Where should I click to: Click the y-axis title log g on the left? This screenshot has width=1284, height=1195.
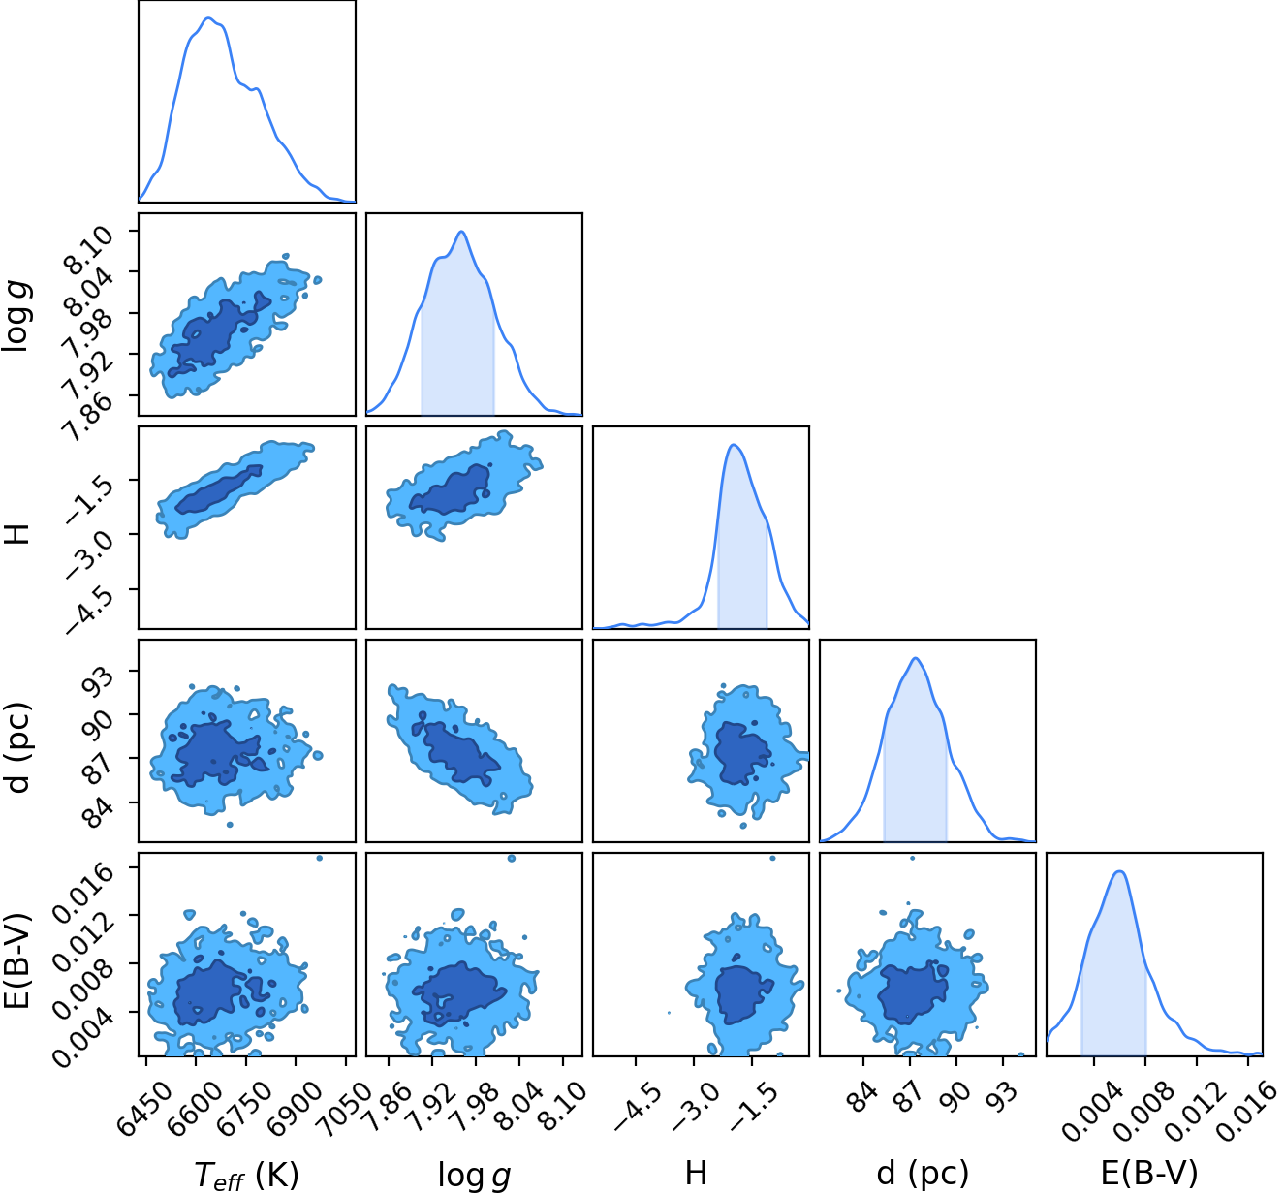click(16, 316)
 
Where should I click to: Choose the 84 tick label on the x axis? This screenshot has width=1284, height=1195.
click(864, 1097)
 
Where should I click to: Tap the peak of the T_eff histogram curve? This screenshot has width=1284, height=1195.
click(208, 18)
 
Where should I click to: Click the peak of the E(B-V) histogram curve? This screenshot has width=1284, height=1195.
click(1120, 871)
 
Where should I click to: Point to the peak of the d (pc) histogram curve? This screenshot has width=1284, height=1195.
click(916, 658)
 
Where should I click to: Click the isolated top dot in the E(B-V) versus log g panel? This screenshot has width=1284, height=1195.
click(512, 858)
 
